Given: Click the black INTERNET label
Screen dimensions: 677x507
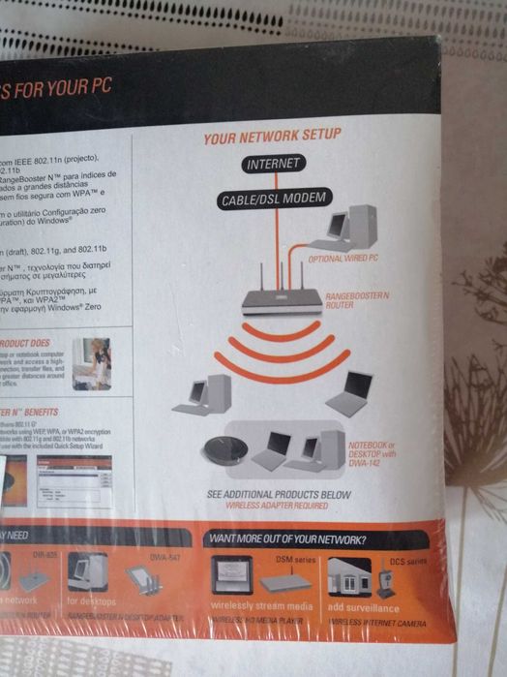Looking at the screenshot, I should pyautogui.click(x=273, y=165).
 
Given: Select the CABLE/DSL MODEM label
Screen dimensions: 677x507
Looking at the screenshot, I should pyautogui.click(x=273, y=200).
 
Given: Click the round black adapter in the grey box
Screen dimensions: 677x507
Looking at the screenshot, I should pyautogui.click(x=227, y=449).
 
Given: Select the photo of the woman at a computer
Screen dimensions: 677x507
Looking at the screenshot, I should pyautogui.click(x=92, y=363).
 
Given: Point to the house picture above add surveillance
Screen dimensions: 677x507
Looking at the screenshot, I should pyautogui.click(x=348, y=578).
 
